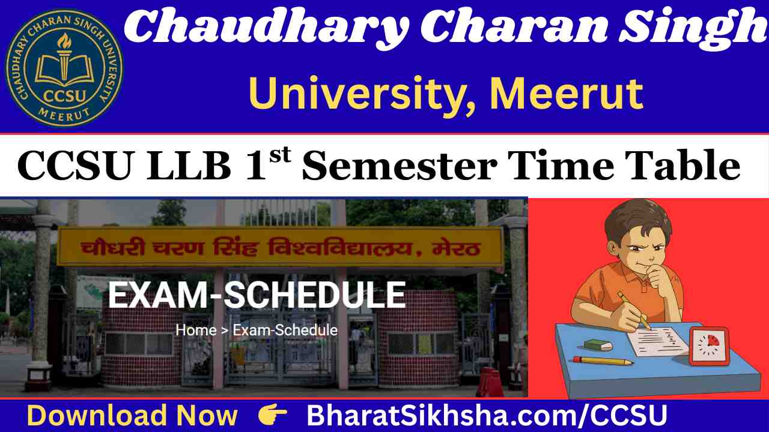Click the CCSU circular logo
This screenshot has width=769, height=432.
pos(64,68)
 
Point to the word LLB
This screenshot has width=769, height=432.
pos(189,166)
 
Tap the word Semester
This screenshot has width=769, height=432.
pos(400,166)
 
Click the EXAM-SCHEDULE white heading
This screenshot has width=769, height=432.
pos(257,295)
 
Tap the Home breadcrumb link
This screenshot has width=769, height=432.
pos(196,330)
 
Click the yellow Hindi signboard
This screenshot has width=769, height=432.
pos(280,247)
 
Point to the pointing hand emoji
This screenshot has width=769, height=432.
pos(272,415)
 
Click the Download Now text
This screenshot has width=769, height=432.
pos(132,415)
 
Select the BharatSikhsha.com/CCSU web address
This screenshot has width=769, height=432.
pos(487,415)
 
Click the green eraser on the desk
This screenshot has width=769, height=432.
pos(598,345)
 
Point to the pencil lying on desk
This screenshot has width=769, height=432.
pos(603,361)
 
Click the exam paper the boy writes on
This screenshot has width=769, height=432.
pos(657,341)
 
